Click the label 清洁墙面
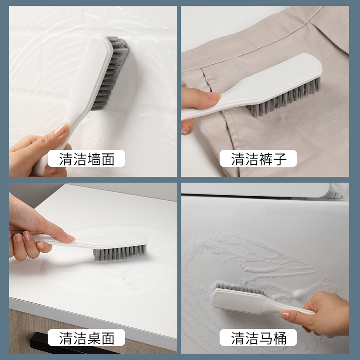point(87,159)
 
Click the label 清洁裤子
point(259,159)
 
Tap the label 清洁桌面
point(87,338)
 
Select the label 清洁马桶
point(259,338)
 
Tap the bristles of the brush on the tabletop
point(119,253)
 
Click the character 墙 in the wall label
point(94,159)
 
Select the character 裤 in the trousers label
point(265,159)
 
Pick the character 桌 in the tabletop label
point(94,338)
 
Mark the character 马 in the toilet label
point(265,338)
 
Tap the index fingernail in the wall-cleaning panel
point(60,130)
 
